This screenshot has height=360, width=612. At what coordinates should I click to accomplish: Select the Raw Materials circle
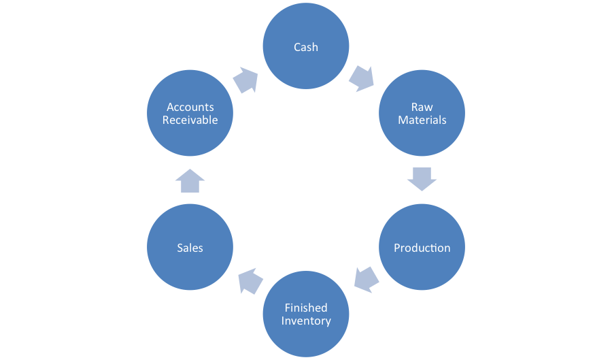point(422,114)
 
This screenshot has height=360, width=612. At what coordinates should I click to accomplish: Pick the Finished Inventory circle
point(306,314)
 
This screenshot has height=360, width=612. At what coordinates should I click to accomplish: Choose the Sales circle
point(190,248)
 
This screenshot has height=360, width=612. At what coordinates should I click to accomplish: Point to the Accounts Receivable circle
point(190,114)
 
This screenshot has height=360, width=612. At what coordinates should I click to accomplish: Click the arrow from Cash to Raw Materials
point(361,78)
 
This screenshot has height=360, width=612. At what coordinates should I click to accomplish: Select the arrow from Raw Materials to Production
point(422,178)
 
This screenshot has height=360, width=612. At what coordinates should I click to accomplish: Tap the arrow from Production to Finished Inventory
point(367,279)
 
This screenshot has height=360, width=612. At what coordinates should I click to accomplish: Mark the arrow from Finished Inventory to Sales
point(250,280)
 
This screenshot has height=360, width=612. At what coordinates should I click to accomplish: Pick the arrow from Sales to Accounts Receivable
point(190,181)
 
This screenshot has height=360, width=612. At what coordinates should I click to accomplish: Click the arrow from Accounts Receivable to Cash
point(245,80)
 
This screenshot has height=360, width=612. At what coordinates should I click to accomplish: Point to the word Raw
point(422,107)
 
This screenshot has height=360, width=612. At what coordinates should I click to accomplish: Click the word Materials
point(422,120)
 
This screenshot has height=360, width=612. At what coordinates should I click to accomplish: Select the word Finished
point(306,308)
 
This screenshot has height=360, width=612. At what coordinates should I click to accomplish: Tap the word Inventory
point(306,321)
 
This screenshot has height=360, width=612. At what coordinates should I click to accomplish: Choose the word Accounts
point(190,107)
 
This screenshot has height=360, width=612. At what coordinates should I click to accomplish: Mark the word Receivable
point(190,120)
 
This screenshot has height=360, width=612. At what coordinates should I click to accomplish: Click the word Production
point(422,248)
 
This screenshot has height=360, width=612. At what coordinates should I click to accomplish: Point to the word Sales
point(190,248)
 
